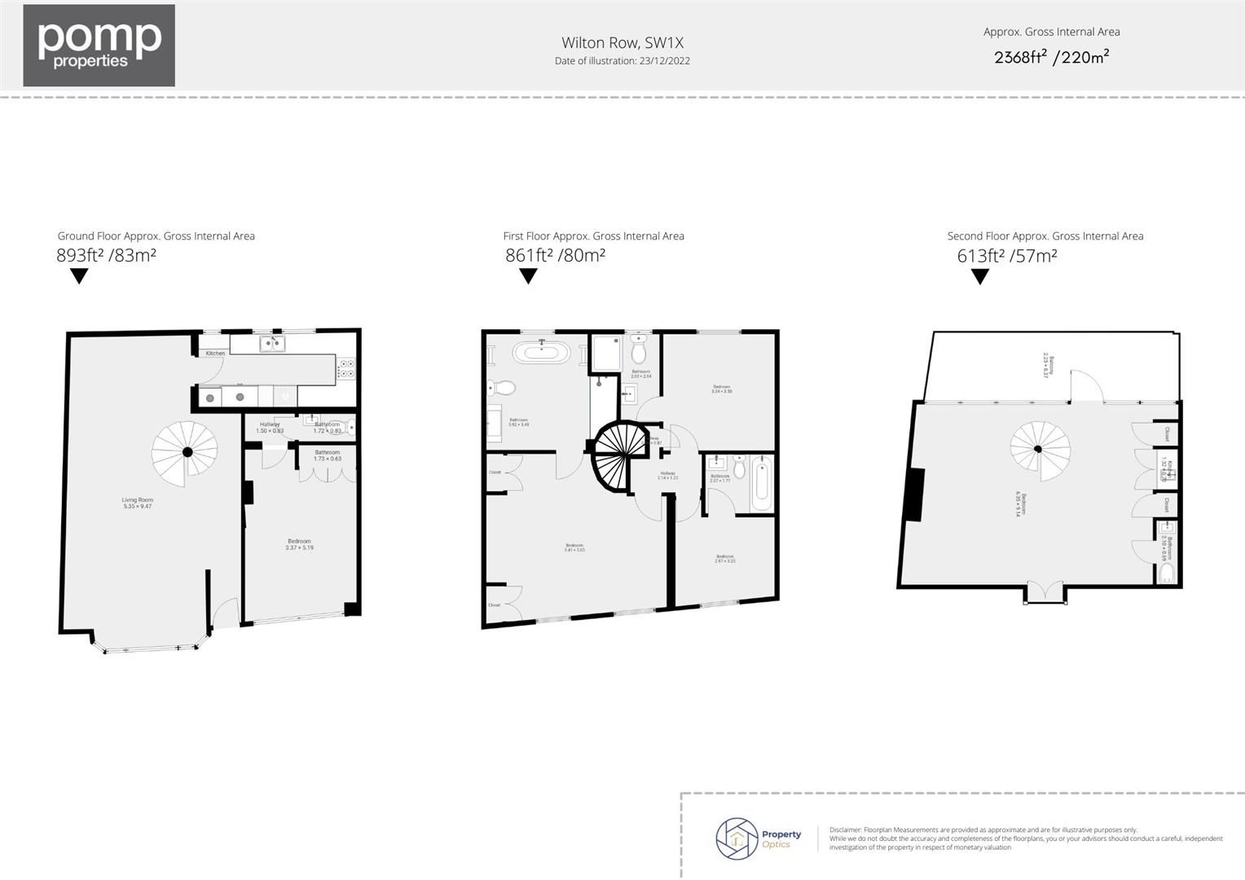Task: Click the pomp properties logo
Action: (99, 45)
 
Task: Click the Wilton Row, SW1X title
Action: (622, 42)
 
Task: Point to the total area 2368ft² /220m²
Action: (1051, 57)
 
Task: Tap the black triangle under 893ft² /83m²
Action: (78, 276)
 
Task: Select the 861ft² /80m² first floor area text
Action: (555, 255)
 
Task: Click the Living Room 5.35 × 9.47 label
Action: (137, 504)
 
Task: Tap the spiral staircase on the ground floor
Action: (187, 451)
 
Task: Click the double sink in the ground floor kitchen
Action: (272, 344)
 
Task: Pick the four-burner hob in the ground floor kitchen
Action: (345, 368)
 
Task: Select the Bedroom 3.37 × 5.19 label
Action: (299, 544)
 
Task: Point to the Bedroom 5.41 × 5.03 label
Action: (574, 548)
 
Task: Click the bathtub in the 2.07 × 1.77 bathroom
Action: (761, 482)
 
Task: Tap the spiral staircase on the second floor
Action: (1039, 449)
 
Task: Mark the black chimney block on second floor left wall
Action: (913, 495)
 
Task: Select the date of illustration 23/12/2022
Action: (622, 61)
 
